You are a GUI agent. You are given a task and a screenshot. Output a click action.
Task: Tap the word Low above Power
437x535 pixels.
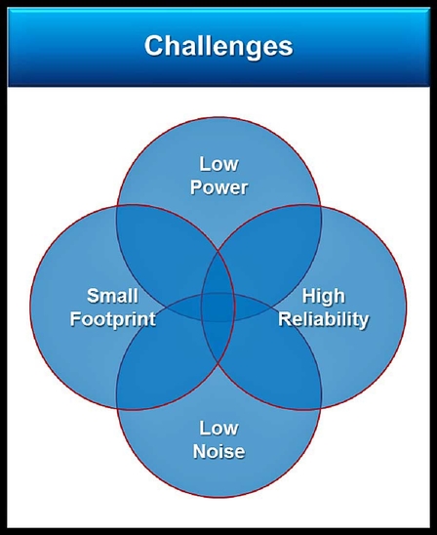(x=218, y=164)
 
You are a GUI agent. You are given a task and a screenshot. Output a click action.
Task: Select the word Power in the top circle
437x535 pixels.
(x=218, y=187)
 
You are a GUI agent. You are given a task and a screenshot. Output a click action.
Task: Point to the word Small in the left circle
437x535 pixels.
(x=112, y=296)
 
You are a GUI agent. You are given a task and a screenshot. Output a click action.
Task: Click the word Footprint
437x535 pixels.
(x=113, y=319)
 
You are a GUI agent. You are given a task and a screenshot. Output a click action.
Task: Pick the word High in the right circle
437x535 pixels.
(x=324, y=296)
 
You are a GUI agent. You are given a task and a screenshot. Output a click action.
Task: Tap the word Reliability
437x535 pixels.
(x=324, y=319)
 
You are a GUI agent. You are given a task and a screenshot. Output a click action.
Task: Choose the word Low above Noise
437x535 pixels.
(x=218, y=428)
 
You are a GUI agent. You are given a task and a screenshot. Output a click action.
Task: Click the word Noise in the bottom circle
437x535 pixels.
(x=218, y=451)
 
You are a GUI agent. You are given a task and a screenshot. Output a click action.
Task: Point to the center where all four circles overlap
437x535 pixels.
(x=218, y=308)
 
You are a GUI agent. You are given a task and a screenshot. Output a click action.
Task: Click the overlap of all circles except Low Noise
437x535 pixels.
(x=218, y=273)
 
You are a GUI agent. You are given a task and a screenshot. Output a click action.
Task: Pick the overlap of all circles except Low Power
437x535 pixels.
(x=218, y=341)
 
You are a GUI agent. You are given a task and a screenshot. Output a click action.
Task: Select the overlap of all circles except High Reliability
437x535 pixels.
(x=184, y=308)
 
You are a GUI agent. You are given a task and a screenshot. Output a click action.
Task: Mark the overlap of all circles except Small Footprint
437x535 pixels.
(x=253, y=308)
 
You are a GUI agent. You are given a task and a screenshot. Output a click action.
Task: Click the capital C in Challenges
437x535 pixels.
(x=154, y=45)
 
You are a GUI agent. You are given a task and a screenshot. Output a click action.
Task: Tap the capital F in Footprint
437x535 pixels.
(x=76, y=318)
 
